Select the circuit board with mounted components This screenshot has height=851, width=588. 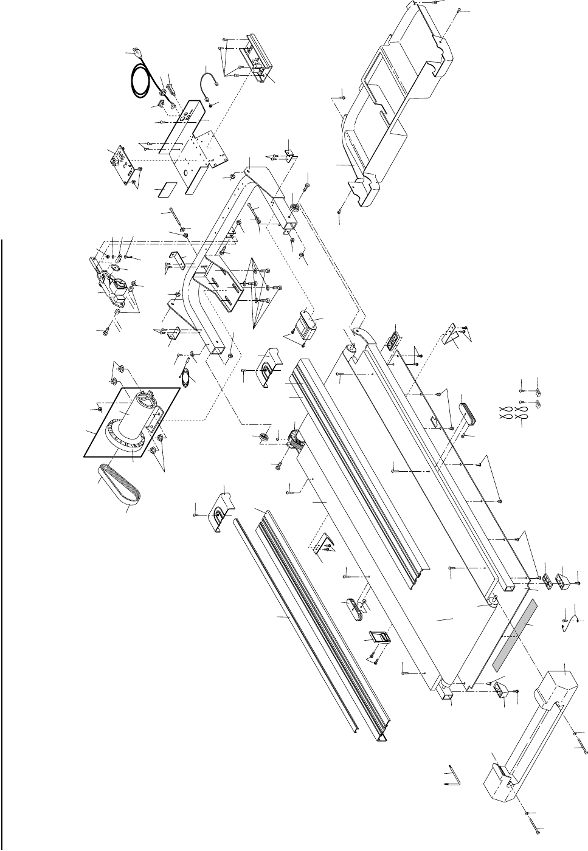tap(122, 161)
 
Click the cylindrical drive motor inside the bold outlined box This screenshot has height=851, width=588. tap(131, 419)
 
